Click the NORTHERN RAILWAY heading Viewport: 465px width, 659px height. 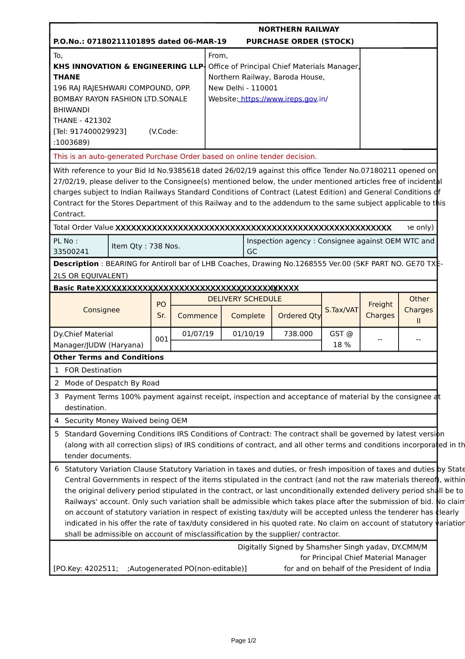[x=299, y=29]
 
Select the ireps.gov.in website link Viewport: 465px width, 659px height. [x=283, y=99]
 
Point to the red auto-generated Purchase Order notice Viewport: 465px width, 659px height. [x=185, y=157]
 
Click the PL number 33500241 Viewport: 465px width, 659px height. [x=71, y=252]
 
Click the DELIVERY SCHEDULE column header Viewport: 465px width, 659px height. [x=245, y=299]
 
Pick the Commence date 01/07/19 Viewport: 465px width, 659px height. [x=198, y=334]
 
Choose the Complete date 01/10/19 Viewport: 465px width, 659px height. [x=248, y=334]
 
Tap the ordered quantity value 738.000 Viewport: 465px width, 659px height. [x=298, y=334]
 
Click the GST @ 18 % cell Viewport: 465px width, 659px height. [x=341, y=339]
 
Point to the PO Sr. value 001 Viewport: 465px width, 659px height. [x=161, y=339]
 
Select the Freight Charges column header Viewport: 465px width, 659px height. [x=380, y=310]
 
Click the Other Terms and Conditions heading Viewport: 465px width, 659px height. [x=109, y=357]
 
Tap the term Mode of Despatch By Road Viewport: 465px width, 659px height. [x=112, y=383]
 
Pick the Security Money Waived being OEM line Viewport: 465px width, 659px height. [x=126, y=421]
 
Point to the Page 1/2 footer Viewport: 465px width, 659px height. [x=243, y=641]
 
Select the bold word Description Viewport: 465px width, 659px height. [x=76, y=264]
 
